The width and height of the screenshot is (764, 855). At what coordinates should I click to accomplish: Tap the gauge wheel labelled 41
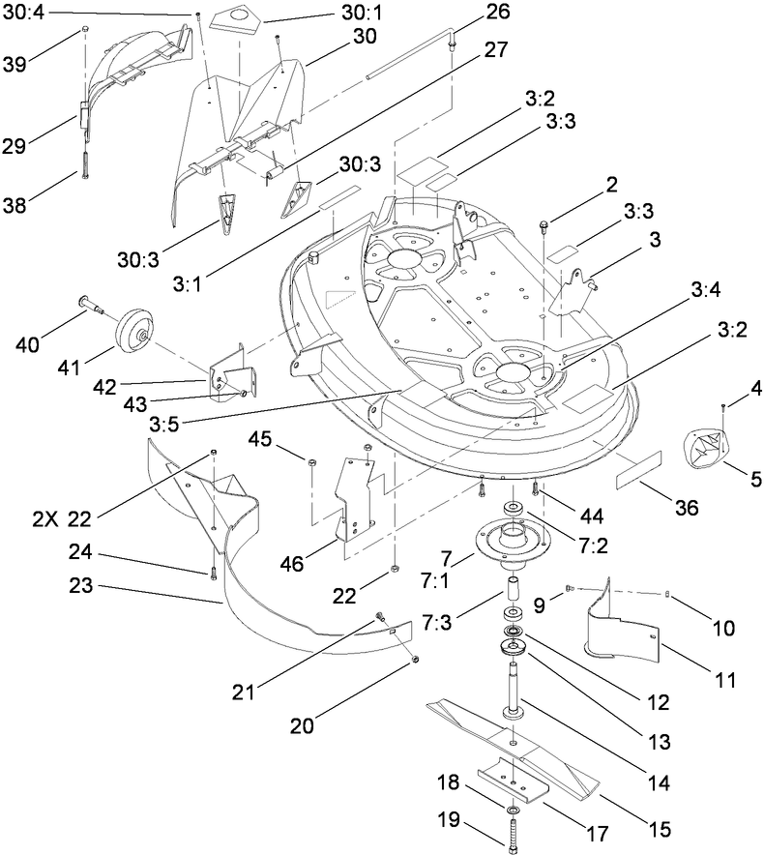point(136,333)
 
